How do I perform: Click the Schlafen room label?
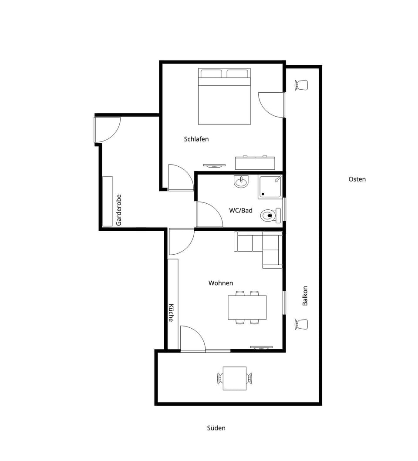[x=196, y=139]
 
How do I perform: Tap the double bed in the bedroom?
[x=224, y=97]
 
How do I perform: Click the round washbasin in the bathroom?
[x=241, y=181]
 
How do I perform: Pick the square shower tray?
[x=270, y=187]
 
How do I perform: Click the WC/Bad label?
[x=241, y=211]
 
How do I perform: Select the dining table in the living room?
[x=247, y=307]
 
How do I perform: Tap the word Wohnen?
[x=221, y=283]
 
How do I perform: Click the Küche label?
[x=171, y=313]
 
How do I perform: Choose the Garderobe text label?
[x=118, y=209]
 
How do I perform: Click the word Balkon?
[x=305, y=296]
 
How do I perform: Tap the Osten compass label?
[x=357, y=179]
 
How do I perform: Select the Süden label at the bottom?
[x=216, y=428]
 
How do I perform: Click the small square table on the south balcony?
[x=235, y=379]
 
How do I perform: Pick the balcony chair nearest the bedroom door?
[x=301, y=85]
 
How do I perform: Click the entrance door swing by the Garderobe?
[x=106, y=129]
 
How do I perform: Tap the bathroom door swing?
[x=208, y=214]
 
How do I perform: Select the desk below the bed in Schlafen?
[x=255, y=163]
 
